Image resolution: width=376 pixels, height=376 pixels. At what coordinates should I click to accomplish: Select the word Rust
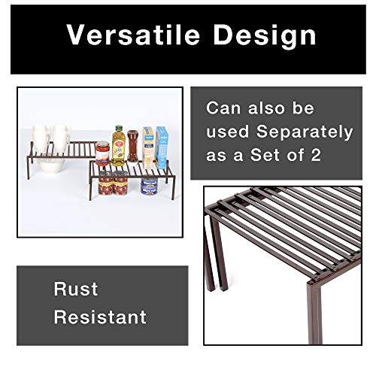[x=76, y=290]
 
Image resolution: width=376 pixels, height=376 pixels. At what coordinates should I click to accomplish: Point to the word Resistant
[x=100, y=317]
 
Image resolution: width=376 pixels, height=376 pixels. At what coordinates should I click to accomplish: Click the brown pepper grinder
[x=133, y=147]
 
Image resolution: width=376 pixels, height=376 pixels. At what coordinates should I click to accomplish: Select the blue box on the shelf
[x=162, y=145]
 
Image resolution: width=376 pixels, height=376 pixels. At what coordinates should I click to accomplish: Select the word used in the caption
[x=228, y=132]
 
